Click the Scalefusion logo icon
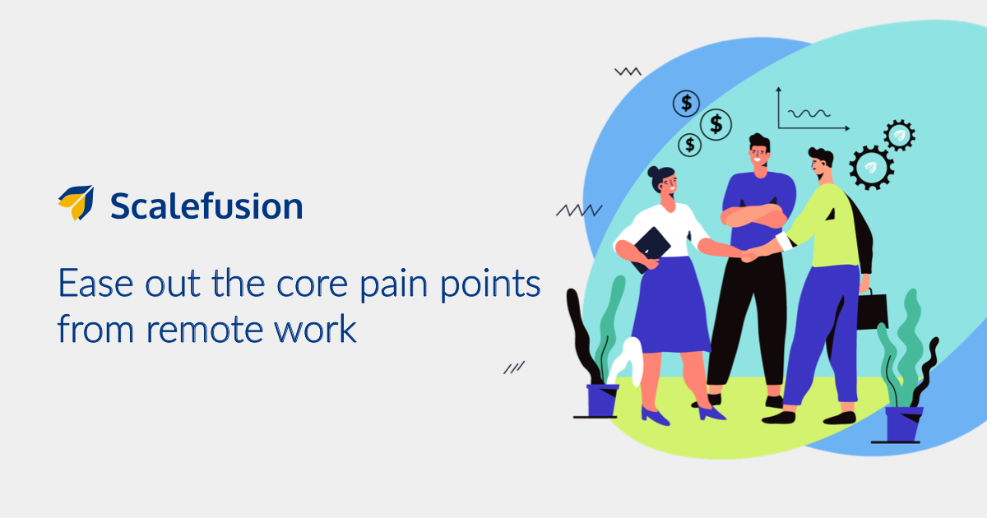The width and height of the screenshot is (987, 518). tap(76, 202)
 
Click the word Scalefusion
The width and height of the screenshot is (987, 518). tap(206, 206)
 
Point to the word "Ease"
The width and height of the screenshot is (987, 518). tap(95, 283)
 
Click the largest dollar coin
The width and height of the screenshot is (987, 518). tap(716, 124)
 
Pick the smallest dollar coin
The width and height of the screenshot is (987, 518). tap(689, 145)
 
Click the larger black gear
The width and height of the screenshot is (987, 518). tap(872, 168)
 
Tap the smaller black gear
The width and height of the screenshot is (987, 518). tap(899, 135)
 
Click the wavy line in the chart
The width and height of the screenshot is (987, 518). tap(809, 113)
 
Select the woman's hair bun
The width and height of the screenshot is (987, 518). tap(652, 171)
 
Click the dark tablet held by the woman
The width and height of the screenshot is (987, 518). tap(651, 250)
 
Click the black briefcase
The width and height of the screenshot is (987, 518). tap(872, 311)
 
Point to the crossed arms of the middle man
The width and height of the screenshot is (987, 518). tap(754, 215)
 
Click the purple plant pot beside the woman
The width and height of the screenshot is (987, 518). tap(602, 400)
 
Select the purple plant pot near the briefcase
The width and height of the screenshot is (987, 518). tap(904, 423)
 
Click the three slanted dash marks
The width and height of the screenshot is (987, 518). tap(514, 368)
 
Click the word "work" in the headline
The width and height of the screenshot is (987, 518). tap(315, 329)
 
